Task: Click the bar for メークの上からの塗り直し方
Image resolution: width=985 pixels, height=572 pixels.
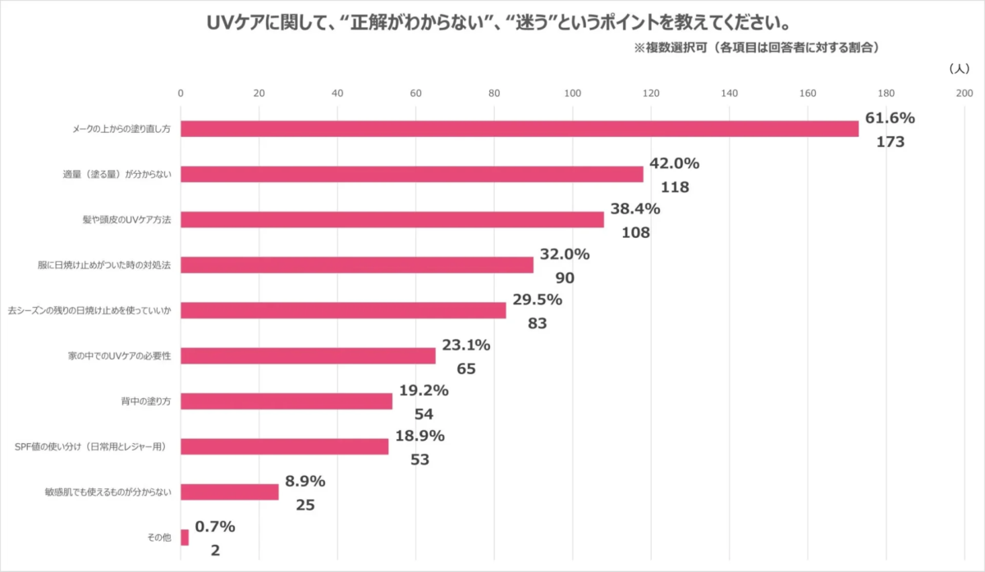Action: coord(519,129)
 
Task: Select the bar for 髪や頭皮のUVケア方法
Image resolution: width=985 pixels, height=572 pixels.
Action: coord(392,220)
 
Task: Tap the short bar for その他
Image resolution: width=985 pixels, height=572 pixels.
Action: coord(185,538)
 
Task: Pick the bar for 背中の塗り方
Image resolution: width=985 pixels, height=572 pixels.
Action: coord(286,401)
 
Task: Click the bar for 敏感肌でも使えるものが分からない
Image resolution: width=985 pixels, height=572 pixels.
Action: coord(229,492)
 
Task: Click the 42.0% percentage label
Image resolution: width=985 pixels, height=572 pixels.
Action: coord(674,163)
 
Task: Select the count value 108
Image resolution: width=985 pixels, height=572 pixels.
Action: coord(635,232)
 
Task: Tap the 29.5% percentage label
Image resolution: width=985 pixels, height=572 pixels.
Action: coord(537,300)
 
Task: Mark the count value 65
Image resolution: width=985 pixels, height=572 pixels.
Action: coord(466,368)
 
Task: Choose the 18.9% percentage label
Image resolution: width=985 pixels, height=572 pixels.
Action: coord(419,436)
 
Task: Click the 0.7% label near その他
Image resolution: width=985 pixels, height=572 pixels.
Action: coord(216,526)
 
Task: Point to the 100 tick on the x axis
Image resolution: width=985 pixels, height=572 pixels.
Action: coord(572,94)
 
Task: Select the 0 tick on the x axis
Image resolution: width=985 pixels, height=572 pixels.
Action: coord(181,94)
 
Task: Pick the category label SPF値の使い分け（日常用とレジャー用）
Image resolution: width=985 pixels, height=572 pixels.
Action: coord(92,447)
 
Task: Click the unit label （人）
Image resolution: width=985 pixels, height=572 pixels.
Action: coord(960,69)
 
